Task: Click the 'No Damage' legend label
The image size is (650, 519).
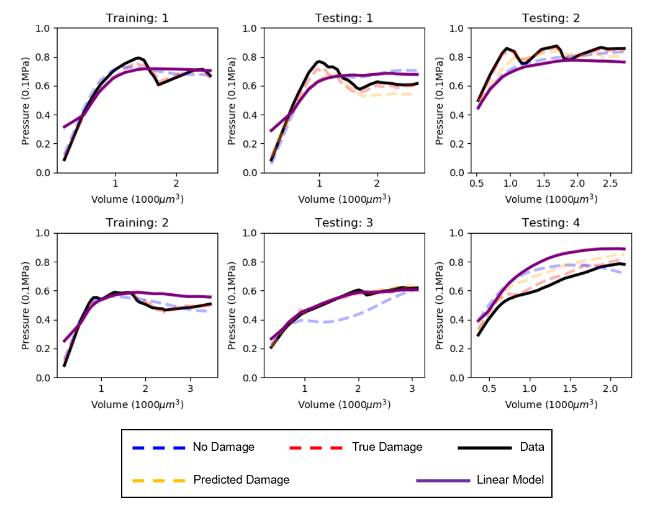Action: coord(223,447)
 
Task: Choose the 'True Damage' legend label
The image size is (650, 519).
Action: coord(387,447)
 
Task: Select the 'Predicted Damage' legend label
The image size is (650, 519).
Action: coord(241,480)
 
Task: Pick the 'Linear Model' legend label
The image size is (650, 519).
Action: coord(510,480)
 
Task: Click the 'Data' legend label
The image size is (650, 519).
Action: coord(531,447)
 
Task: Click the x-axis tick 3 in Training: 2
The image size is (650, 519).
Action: coord(190,389)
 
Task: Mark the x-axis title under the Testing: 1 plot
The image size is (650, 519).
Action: coord(344,198)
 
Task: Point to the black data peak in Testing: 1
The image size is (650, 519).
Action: coord(319,61)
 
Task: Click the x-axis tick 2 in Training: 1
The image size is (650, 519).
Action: coord(176,184)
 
